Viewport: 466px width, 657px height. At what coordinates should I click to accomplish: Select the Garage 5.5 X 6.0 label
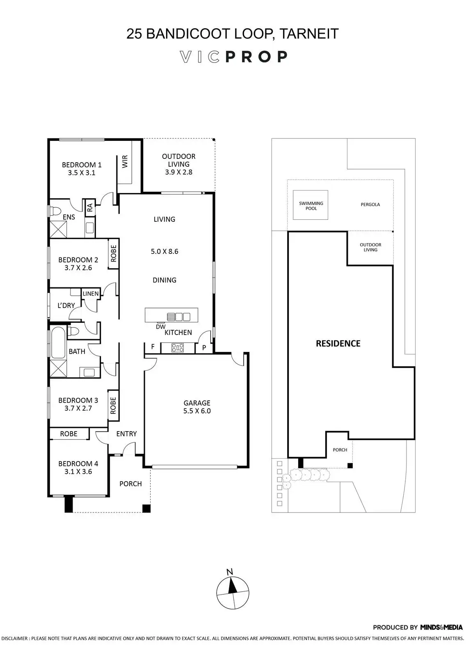coord(197,407)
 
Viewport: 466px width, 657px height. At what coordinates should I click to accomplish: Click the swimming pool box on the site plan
coord(311,205)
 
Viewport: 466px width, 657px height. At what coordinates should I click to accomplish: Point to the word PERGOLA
coord(370,204)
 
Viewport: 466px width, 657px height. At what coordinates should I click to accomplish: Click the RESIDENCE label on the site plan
coord(338,344)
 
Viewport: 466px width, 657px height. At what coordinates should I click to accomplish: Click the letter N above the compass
coord(230,572)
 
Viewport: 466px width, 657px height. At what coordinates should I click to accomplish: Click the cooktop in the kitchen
coord(178,348)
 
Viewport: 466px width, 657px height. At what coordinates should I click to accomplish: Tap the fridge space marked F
coord(153,347)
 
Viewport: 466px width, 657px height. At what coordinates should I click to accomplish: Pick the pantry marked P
coord(204,348)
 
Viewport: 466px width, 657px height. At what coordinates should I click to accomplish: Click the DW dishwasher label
coord(160,327)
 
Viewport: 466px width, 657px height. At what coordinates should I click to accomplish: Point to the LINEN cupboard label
coord(91,294)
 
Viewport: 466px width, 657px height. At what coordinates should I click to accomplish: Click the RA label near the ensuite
coord(90,207)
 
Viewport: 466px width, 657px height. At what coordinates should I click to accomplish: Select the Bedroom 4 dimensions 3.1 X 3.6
coord(78,472)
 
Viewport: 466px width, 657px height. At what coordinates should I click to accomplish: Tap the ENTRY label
coord(126,434)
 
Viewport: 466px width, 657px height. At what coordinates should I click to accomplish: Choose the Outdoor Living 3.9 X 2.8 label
coord(179,164)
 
